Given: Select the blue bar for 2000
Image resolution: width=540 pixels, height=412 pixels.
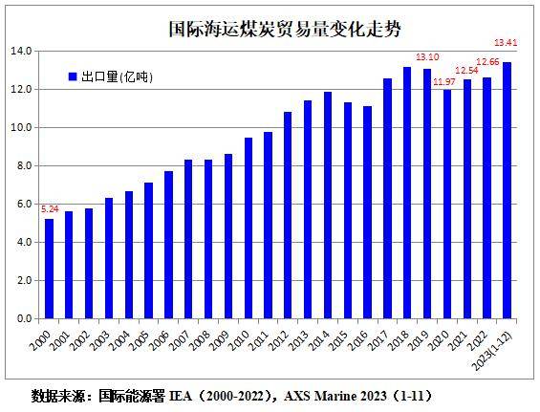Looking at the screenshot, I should [50, 269].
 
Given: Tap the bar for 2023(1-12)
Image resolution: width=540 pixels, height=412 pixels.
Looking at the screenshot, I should [507, 190].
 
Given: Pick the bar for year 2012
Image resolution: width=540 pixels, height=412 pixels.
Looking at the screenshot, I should [287, 215].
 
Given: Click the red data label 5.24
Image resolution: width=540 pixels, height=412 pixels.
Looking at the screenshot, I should [49, 207].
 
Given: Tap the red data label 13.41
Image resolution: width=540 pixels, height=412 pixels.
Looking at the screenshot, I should [506, 42].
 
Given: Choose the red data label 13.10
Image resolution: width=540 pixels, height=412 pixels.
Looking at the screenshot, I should [426, 57].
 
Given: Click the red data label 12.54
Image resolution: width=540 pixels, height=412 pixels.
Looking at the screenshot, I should [467, 71].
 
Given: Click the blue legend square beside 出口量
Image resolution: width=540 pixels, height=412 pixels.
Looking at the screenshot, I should [73, 76].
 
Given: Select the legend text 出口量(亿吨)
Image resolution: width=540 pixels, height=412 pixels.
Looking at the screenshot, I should [117, 76].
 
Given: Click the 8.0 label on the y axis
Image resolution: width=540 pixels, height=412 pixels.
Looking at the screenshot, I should [23, 165].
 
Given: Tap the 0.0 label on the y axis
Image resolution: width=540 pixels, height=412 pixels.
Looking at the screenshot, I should [23, 318].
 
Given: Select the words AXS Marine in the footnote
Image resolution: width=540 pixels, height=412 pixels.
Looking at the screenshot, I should [324, 395].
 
